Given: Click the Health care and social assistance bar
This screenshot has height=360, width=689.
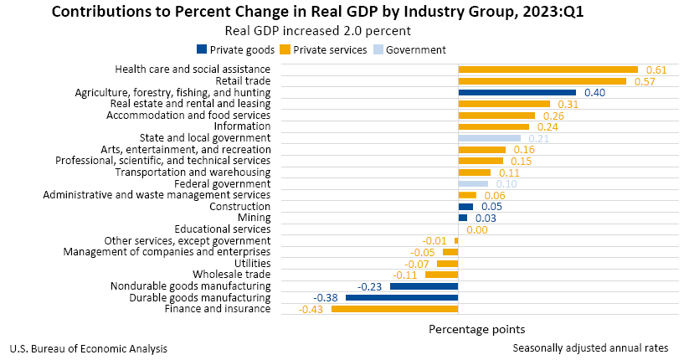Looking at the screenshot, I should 548,69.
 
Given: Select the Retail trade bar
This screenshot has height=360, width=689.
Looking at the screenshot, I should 542,81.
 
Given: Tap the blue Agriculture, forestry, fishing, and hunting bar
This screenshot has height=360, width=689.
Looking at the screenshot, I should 517,92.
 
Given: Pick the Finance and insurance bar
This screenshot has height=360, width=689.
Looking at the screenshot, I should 394,309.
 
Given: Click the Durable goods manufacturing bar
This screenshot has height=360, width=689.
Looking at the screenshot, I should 401,297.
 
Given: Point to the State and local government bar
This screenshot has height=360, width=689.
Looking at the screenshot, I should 489,138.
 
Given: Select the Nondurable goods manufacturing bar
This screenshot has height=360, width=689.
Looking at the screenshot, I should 424,286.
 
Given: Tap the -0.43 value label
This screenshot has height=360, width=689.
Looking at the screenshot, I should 312,309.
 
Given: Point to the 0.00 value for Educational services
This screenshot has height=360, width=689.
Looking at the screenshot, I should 477,229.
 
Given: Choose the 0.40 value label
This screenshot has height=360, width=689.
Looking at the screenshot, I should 594,92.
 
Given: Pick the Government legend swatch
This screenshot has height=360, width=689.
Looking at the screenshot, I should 378,50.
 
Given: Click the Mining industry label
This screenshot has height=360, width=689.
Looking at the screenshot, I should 255,218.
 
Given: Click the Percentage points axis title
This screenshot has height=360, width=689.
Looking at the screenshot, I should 477,329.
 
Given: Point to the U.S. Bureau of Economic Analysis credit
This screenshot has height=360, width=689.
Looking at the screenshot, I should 88,348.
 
